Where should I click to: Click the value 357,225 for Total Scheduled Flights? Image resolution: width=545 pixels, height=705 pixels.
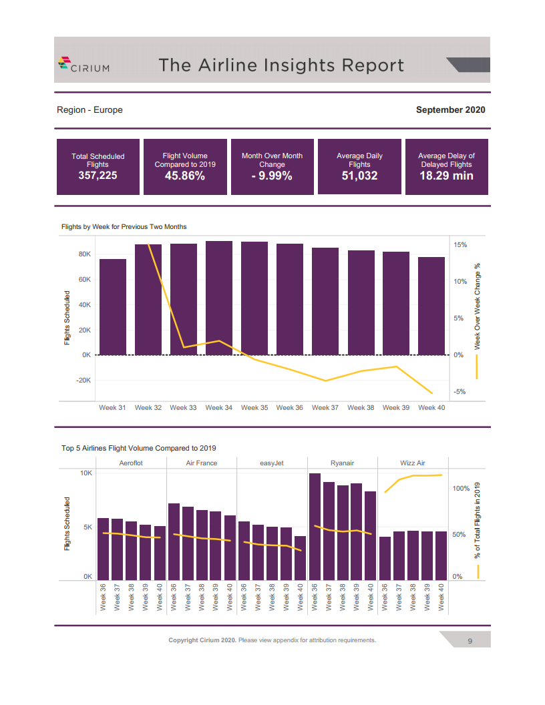pyautogui.click(x=98, y=176)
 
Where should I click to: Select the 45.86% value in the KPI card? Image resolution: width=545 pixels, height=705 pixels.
pyautogui.click(x=185, y=176)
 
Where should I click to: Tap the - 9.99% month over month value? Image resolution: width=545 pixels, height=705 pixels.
pyautogui.click(x=272, y=176)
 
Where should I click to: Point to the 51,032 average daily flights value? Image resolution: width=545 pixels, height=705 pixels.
pyautogui.click(x=359, y=176)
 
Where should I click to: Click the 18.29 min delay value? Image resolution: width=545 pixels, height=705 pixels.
pyautogui.click(x=446, y=176)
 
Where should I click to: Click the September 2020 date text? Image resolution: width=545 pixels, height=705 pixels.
pyautogui.click(x=450, y=109)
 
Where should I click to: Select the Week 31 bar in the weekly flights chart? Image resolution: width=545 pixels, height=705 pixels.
pyautogui.click(x=113, y=307)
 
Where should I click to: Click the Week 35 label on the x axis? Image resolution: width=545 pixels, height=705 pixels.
pyautogui.click(x=254, y=407)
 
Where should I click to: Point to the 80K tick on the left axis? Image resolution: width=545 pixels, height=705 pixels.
pyautogui.click(x=85, y=254)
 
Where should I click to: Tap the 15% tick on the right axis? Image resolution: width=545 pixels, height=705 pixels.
pyautogui.click(x=460, y=245)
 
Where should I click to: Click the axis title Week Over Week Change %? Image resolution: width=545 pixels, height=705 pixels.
pyautogui.click(x=478, y=306)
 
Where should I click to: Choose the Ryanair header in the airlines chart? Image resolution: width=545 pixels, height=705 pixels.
pyautogui.click(x=343, y=463)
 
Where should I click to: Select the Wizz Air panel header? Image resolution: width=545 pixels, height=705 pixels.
pyautogui.click(x=413, y=463)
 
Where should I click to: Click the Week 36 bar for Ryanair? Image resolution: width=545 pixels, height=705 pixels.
pyautogui.click(x=315, y=527)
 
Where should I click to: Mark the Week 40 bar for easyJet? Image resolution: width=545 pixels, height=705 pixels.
pyautogui.click(x=301, y=558)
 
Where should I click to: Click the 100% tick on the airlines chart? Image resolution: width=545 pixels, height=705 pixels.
pyautogui.click(x=462, y=489)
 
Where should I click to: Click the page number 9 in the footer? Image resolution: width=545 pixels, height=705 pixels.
pyautogui.click(x=470, y=641)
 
